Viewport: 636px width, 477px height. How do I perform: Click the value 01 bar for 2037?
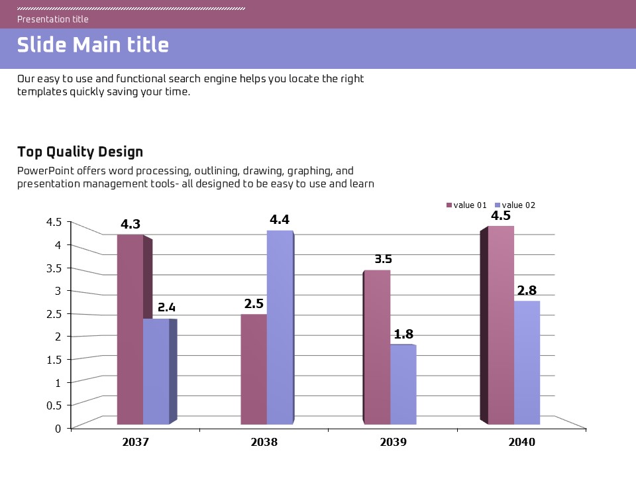point(130,329)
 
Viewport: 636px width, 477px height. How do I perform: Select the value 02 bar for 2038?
point(280,327)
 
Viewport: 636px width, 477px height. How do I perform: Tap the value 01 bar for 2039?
point(378,346)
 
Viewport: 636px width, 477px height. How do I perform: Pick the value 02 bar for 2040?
point(527,362)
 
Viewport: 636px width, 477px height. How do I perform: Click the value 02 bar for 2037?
point(156,371)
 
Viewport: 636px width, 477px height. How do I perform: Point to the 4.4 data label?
point(280,219)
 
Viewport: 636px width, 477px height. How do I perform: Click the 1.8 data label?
point(403,334)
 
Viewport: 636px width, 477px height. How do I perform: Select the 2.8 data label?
point(527,290)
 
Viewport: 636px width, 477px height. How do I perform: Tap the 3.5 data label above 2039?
point(383,259)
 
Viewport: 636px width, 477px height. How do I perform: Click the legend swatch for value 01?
point(449,205)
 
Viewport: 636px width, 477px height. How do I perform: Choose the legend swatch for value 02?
point(498,205)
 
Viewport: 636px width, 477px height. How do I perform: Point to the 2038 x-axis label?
point(264,442)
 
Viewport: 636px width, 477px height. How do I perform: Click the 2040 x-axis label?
point(521,442)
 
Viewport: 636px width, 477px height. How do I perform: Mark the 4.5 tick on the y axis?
point(54,222)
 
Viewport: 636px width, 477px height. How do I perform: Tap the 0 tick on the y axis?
point(58,428)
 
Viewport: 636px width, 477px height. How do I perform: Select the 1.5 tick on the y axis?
point(54,359)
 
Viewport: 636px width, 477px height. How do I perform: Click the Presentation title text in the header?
point(53,19)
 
